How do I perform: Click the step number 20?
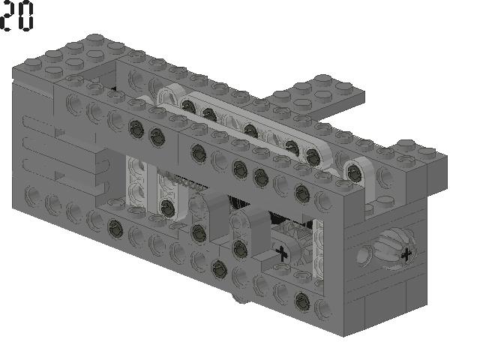click(x=17, y=16)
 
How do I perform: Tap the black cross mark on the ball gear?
click(x=406, y=255)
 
